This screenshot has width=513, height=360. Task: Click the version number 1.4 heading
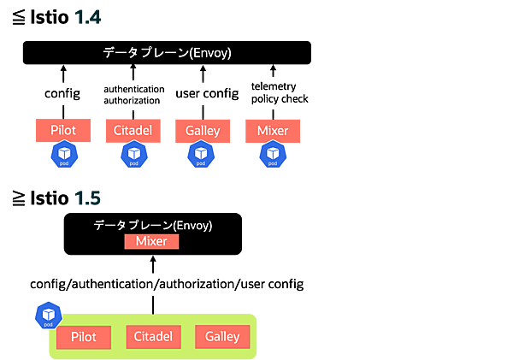(x=88, y=17)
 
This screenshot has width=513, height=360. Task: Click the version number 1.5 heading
(x=88, y=199)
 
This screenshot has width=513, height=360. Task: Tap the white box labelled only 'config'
(x=62, y=93)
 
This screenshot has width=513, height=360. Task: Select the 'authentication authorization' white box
(x=133, y=93)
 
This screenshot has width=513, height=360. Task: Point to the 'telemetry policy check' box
(x=305, y=93)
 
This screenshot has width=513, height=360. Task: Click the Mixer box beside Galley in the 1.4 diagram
(x=273, y=131)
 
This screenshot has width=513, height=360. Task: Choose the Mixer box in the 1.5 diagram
(x=151, y=241)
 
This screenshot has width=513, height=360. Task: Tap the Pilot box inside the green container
(x=84, y=336)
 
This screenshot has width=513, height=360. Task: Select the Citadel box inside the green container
(x=154, y=336)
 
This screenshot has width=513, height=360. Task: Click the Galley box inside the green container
(x=223, y=336)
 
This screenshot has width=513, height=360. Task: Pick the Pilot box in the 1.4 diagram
(x=63, y=131)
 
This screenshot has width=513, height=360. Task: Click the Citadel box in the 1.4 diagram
(x=133, y=131)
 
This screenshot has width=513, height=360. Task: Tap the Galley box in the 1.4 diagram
(x=203, y=131)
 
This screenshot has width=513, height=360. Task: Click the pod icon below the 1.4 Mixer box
(x=273, y=155)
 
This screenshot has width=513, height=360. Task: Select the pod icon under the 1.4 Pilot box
(x=63, y=155)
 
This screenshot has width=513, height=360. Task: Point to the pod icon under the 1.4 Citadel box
(x=133, y=155)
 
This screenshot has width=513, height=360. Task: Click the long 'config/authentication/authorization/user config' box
(x=174, y=283)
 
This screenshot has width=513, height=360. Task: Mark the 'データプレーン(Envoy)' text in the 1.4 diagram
(x=168, y=53)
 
